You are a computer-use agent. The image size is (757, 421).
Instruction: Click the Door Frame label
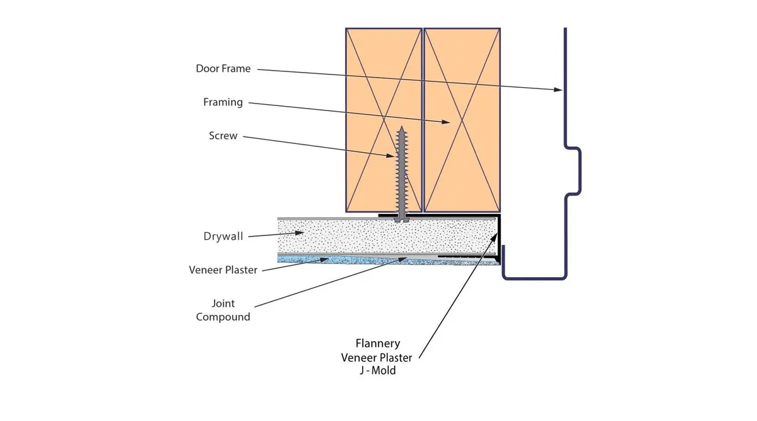[x=223, y=68]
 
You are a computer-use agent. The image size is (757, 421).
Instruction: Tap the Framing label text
[x=223, y=102]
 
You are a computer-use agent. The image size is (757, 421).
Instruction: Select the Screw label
[x=223, y=136]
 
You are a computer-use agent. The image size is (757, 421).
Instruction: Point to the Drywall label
[x=223, y=236]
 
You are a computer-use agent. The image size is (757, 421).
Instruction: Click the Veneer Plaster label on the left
[x=223, y=270]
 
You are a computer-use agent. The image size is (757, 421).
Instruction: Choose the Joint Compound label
[x=223, y=310]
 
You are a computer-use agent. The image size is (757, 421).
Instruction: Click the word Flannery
[x=378, y=343]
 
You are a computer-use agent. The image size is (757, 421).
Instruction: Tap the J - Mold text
[x=377, y=371]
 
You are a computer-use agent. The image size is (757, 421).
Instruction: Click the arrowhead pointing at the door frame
[x=558, y=90]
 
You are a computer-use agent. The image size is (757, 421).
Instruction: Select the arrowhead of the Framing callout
[x=446, y=122]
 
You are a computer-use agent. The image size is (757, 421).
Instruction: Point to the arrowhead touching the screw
[x=390, y=155]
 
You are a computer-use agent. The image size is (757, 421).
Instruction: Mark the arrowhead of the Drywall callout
[x=300, y=233]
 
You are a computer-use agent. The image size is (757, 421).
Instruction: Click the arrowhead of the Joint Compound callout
[x=403, y=259]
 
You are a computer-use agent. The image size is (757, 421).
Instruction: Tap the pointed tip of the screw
[x=401, y=127]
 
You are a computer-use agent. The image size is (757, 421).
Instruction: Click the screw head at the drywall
[x=402, y=220]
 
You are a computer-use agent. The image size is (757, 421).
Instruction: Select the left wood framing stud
[x=384, y=120]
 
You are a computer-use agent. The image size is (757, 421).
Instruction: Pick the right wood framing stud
[x=462, y=120]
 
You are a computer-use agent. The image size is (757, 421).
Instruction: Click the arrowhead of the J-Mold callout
[x=495, y=237]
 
